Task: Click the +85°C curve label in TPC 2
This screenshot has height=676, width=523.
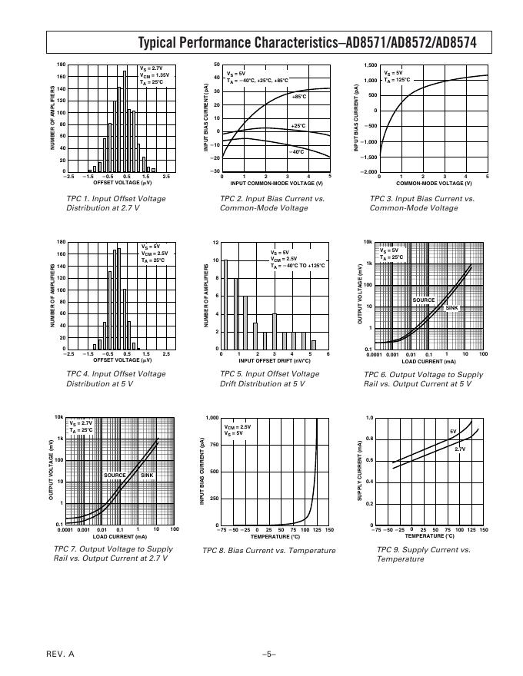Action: pos(299,97)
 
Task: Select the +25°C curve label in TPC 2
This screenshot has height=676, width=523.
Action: pos(298,125)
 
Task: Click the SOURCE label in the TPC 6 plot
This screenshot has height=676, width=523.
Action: pos(423,300)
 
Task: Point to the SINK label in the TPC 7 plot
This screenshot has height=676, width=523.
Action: pos(146,476)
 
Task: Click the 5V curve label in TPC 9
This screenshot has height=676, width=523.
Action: pos(453,432)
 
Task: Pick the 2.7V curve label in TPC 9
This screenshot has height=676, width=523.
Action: pos(460,449)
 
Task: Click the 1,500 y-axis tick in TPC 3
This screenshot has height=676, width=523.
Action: pos(368,65)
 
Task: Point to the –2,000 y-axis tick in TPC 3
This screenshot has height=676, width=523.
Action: pos(367,172)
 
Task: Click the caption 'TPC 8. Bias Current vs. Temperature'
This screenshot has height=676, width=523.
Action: pos(268,551)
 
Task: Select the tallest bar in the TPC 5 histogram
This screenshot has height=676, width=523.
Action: pos(226,304)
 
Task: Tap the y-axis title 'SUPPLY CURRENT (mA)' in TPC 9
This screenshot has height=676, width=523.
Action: pos(359,472)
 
